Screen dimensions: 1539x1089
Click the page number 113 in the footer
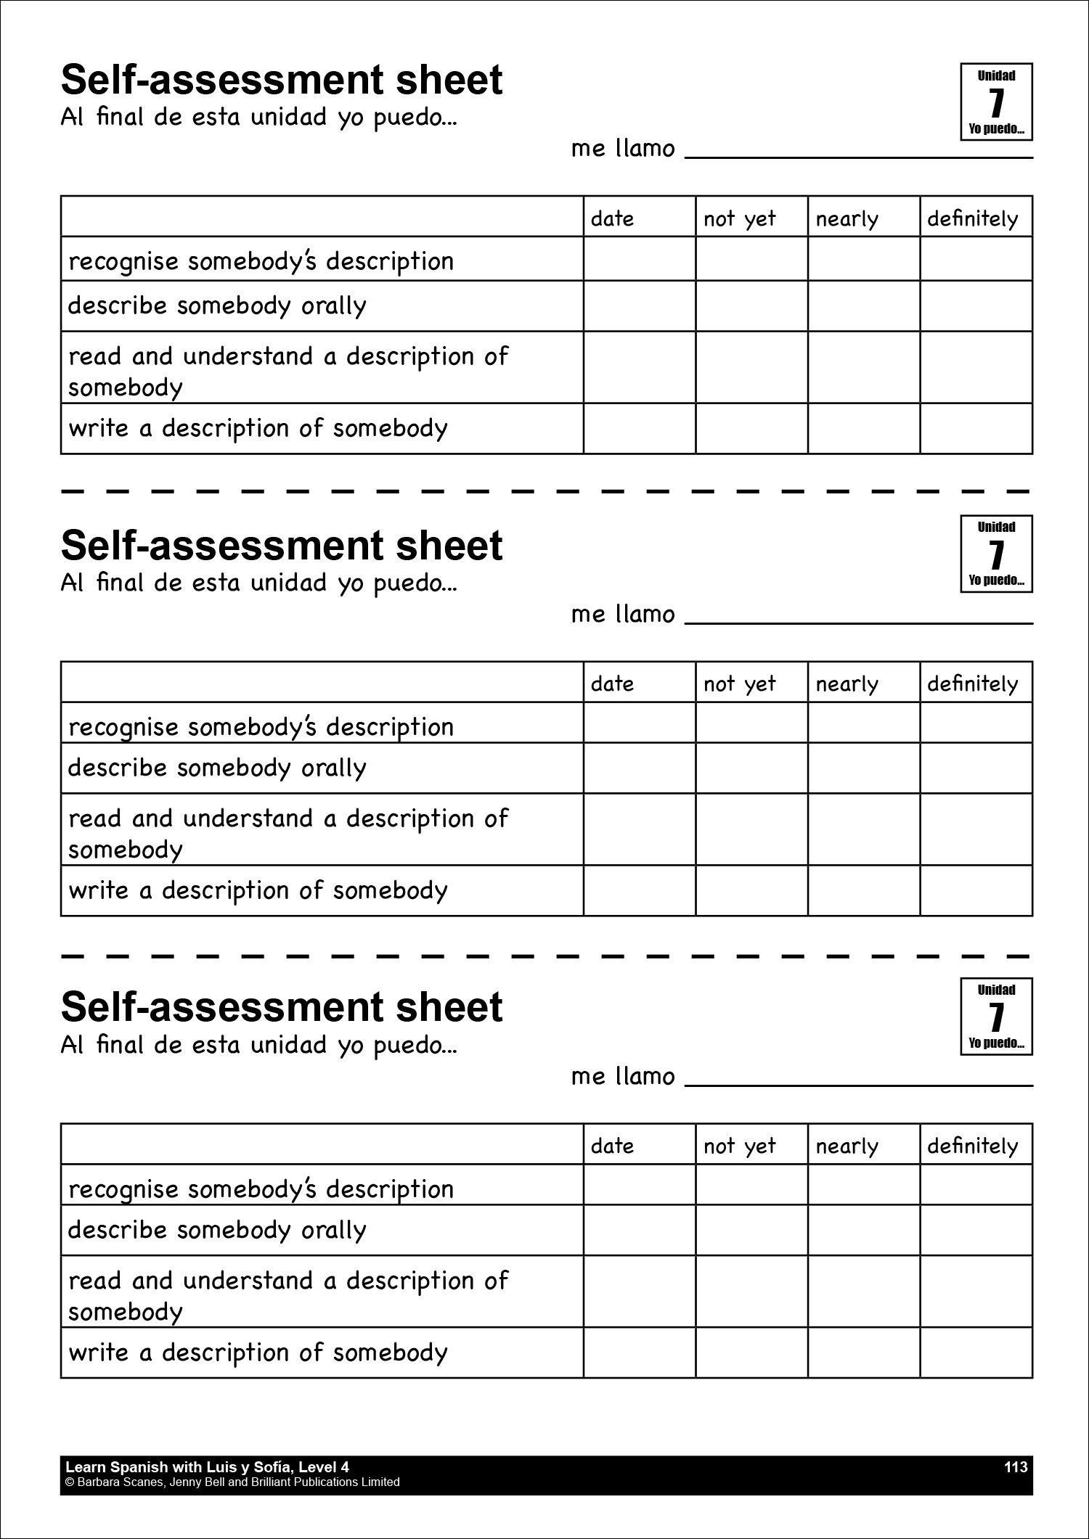click(x=1016, y=1467)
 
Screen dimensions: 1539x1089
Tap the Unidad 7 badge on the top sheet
click(x=996, y=102)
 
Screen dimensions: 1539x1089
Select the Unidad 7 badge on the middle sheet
click(x=996, y=554)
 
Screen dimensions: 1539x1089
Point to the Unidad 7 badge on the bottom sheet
click(x=996, y=1016)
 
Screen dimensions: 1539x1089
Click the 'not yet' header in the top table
click(x=739, y=218)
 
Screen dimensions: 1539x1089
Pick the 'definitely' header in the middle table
click(x=972, y=684)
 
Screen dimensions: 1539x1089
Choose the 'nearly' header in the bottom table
click(x=847, y=1146)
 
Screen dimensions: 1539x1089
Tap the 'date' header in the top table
click(x=612, y=218)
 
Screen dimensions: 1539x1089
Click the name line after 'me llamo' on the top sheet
click(x=858, y=153)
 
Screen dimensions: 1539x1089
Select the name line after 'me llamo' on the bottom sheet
click(x=858, y=1081)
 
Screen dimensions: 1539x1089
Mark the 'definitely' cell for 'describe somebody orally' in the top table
click(x=976, y=306)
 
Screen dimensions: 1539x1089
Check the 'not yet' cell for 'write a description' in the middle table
click(x=751, y=890)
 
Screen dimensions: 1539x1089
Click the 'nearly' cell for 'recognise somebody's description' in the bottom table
click(x=863, y=1185)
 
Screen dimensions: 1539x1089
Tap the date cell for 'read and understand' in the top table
click(x=639, y=367)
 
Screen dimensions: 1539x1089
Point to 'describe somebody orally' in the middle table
click(x=217, y=768)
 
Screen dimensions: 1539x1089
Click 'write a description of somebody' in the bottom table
click(x=258, y=1353)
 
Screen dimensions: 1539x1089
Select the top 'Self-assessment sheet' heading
click(x=282, y=81)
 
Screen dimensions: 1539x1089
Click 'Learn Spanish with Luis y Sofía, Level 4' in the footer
click(x=208, y=1467)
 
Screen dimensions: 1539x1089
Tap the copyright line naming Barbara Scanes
click(x=232, y=1482)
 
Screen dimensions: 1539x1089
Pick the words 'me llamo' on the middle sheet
click(x=623, y=615)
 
